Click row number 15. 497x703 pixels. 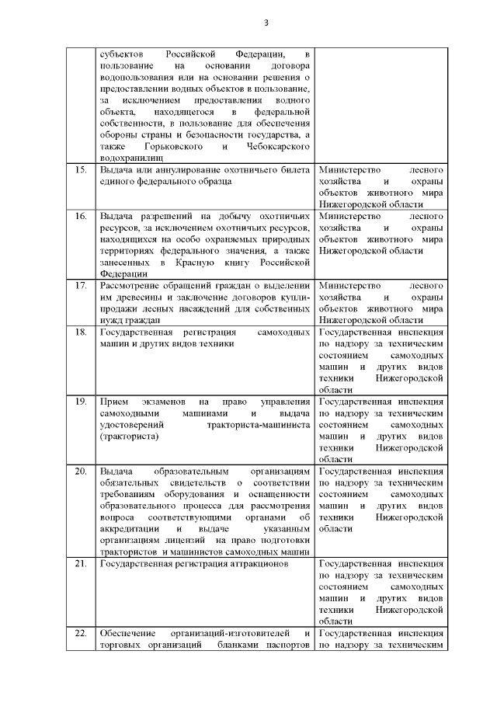(79, 169)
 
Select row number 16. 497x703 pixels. (79, 214)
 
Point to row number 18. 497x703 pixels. (79, 332)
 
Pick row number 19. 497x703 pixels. (79, 402)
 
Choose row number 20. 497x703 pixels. (79, 472)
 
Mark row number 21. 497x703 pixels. (79, 564)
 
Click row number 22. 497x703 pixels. (79, 634)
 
